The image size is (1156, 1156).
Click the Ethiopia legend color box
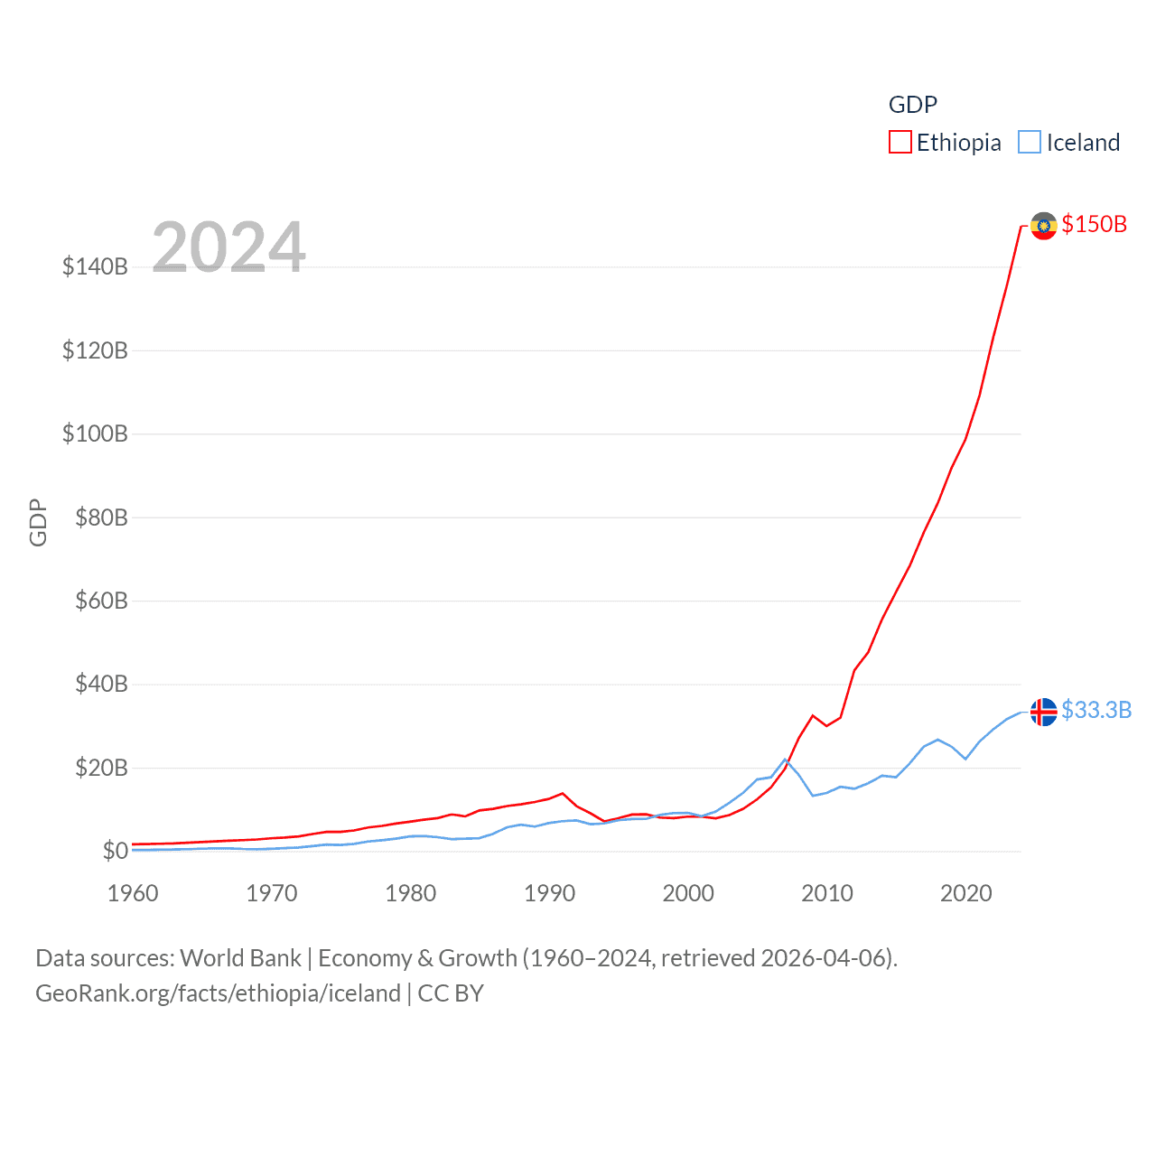point(900,143)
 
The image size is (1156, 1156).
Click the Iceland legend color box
point(1030,143)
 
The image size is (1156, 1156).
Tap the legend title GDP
point(913,105)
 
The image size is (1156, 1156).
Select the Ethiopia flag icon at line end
point(1044,226)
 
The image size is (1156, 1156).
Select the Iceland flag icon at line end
point(1044,712)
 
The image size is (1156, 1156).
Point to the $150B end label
point(1095,224)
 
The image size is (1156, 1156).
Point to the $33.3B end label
point(1096,710)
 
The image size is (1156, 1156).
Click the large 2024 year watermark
point(228,247)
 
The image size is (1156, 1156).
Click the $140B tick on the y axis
point(95,266)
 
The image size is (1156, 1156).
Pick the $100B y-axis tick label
point(95,433)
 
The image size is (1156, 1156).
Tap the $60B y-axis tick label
point(101,601)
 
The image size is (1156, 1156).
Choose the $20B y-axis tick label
point(101,768)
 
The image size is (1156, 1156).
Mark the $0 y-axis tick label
point(115,851)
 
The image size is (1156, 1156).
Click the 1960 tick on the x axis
point(133,893)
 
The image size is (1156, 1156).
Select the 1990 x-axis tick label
point(549,893)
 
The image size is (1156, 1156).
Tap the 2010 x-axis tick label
point(827,893)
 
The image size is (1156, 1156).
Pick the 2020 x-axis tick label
point(966,893)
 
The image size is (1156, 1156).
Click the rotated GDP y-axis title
point(38,522)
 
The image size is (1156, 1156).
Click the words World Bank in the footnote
point(240,957)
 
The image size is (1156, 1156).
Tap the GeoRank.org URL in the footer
point(218,993)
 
